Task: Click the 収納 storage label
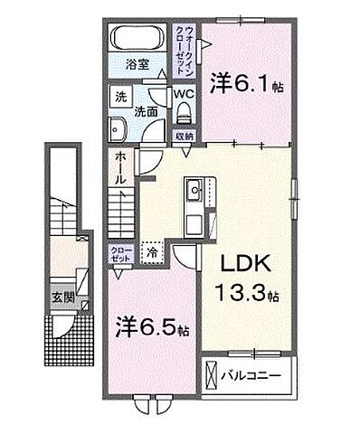tap(184, 137)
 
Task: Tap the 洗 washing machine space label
tap(118, 97)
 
